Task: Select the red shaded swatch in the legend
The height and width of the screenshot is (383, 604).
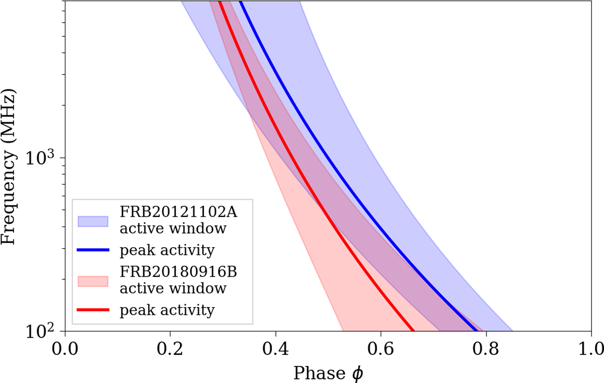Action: coord(93,281)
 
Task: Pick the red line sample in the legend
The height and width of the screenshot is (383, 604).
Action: coord(93,309)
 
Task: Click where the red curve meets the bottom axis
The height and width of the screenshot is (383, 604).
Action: coord(414,331)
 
